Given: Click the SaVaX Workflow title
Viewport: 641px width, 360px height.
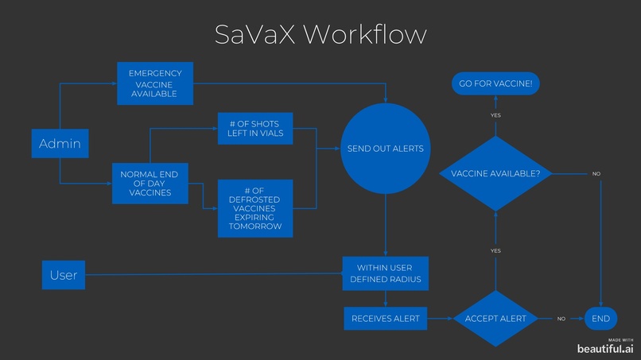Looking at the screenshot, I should click(320, 34).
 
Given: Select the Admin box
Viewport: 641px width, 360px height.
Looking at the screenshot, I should click(60, 144).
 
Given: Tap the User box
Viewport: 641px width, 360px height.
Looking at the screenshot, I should click(64, 275).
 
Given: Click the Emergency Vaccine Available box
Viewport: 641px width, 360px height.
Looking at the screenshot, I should click(155, 83).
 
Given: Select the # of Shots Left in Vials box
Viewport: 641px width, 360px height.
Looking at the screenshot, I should click(255, 130).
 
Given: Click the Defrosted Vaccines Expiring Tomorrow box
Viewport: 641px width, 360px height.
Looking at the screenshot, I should click(255, 208).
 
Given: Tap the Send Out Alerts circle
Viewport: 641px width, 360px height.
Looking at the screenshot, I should click(385, 149).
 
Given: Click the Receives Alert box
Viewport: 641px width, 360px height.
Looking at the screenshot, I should click(385, 319).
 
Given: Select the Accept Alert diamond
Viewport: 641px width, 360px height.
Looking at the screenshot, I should click(495, 318).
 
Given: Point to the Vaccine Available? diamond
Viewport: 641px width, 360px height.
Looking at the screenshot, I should click(495, 173).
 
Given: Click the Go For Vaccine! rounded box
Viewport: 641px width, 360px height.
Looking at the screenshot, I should click(495, 83).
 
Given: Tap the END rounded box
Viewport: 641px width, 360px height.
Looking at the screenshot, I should click(601, 319).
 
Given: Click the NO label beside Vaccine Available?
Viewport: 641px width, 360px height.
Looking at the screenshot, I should click(596, 173).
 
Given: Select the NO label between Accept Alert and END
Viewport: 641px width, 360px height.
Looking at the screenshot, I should click(561, 319).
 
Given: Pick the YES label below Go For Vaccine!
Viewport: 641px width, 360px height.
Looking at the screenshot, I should click(495, 115).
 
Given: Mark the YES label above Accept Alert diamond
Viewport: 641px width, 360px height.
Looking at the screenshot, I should click(495, 250).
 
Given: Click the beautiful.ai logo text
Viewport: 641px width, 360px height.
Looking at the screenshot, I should click(606, 348).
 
